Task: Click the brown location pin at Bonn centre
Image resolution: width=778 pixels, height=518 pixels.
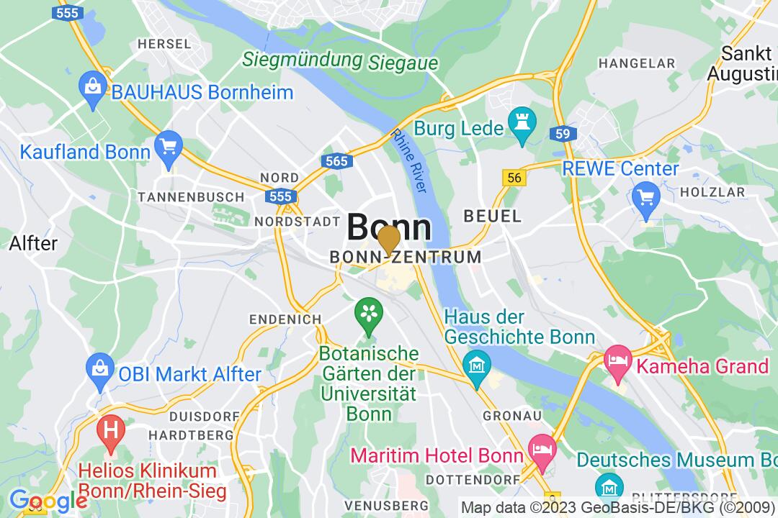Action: [x=390, y=240]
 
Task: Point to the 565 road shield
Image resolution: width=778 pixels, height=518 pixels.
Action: [x=336, y=161]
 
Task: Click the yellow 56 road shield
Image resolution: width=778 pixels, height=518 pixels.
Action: [x=514, y=178]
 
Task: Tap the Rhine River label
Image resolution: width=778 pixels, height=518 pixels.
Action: [x=409, y=160]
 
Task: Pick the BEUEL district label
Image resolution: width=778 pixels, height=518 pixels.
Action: [x=492, y=216]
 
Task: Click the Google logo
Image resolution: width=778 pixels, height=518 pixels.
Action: [x=48, y=500]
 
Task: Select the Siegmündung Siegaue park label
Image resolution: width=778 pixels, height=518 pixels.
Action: [x=340, y=61]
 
